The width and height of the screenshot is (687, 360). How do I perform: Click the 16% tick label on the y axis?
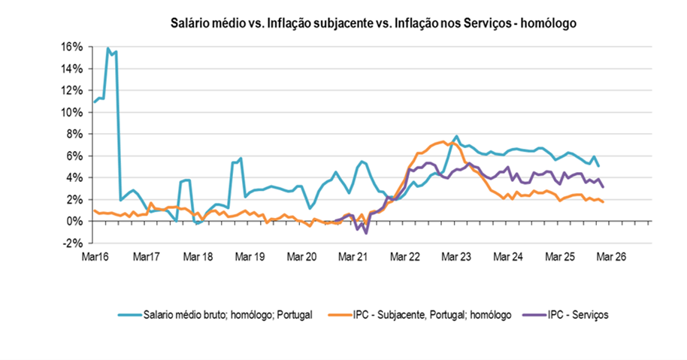click(x=71, y=47)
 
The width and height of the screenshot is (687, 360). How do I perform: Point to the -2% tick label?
click(x=72, y=244)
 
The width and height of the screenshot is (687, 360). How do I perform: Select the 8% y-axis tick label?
click(x=74, y=135)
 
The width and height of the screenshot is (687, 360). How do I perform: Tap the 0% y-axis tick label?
click(x=74, y=222)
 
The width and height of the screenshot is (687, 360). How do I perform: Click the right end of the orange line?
click(x=604, y=201)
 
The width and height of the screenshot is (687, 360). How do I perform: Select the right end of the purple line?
click(x=604, y=187)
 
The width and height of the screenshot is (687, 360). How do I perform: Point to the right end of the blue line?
click(x=599, y=166)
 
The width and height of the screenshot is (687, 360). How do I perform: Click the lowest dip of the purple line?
click(x=366, y=233)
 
